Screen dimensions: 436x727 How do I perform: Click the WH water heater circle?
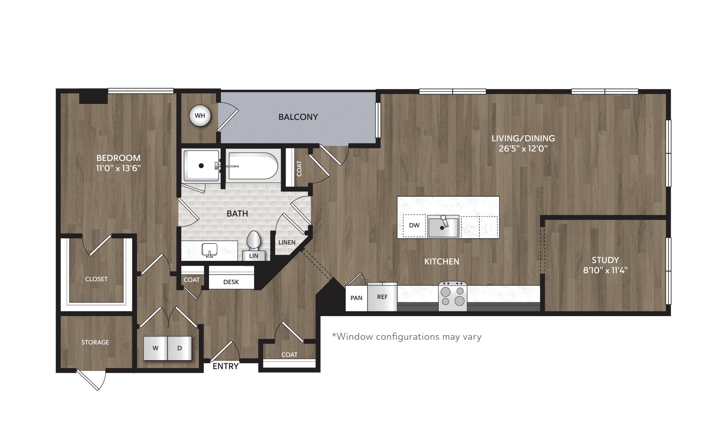200,116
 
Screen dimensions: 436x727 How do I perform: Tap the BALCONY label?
298,117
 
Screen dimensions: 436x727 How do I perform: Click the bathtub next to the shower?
253,166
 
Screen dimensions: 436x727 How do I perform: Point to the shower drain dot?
201,166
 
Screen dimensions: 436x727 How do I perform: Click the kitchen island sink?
443,227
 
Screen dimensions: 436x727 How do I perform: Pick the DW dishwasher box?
414,226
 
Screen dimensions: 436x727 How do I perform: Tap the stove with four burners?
453,296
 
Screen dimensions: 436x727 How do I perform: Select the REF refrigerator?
382,297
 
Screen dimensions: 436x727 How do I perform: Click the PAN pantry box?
356,298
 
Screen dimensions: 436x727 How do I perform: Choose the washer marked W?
156,348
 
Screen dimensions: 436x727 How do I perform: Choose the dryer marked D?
180,348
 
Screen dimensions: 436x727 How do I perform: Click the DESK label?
231,282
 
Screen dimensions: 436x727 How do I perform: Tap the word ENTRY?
225,366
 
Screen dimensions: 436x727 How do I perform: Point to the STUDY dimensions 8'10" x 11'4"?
605,270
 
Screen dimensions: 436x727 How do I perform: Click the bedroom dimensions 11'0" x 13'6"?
119,168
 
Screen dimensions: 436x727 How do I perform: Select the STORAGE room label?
95,342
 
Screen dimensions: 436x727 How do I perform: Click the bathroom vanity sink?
210,250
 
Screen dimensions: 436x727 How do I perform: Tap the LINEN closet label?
287,242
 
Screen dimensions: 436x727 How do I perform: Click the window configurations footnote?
407,337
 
